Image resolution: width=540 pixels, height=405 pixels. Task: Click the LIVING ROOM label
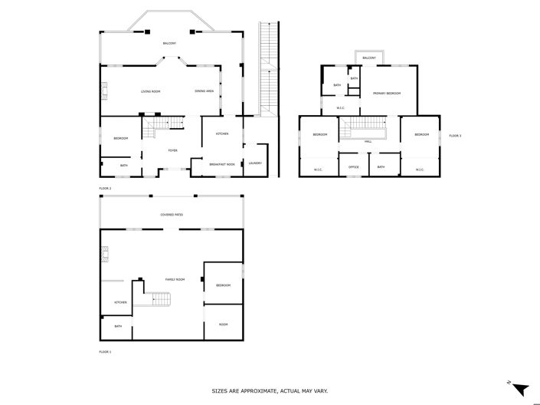pyautogui.click(x=150, y=91)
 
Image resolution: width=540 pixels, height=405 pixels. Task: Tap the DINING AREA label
pyautogui.click(x=205, y=91)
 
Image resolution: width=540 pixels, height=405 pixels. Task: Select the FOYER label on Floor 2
pyautogui.click(x=173, y=150)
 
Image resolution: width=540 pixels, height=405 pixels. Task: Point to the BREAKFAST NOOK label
pyautogui.click(x=222, y=164)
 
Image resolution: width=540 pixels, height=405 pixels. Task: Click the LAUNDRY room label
pyautogui.click(x=255, y=163)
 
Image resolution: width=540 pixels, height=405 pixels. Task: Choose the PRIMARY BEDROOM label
pyautogui.click(x=388, y=93)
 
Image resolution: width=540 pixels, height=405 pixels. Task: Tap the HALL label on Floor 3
pyautogui.click(x=368, y=142)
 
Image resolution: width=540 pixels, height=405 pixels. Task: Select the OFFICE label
pyautogui.click(x=354, y=167)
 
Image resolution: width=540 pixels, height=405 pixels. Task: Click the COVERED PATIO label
pyautogui.click(x=172, y=215)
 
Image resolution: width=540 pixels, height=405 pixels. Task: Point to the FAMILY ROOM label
pyautogui.click(x=175, y=279)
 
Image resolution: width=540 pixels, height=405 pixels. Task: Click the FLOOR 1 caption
pyautogui.click(x=105, y=351)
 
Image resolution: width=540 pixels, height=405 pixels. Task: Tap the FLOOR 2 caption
pyautogui.click(x=105, y=188)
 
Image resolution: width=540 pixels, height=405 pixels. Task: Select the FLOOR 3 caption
pyautogui.click(x=455, y=136)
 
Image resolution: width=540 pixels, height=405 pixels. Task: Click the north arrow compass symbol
pyautogui.click(x=521, y=389)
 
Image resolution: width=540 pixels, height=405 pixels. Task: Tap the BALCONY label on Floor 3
pyautogui.click(x=369, y=58)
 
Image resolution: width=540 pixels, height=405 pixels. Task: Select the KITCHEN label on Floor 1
pyautogui.click(x=120, y=302)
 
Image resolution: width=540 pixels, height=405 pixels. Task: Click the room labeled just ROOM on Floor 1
pyautogui.click(x=223, y=324)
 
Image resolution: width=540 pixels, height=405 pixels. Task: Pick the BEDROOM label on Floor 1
pyautogui.click(x=223, y=285)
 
